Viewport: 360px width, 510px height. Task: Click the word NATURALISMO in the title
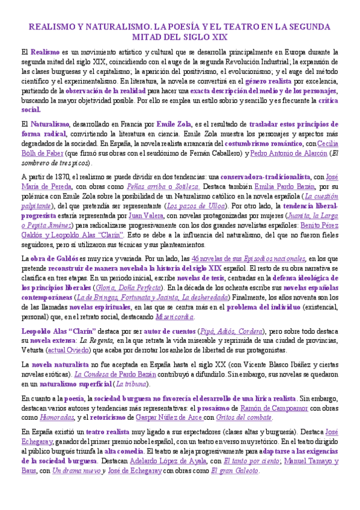tap(117, 27)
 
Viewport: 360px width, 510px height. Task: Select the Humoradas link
tap(67, 417)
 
